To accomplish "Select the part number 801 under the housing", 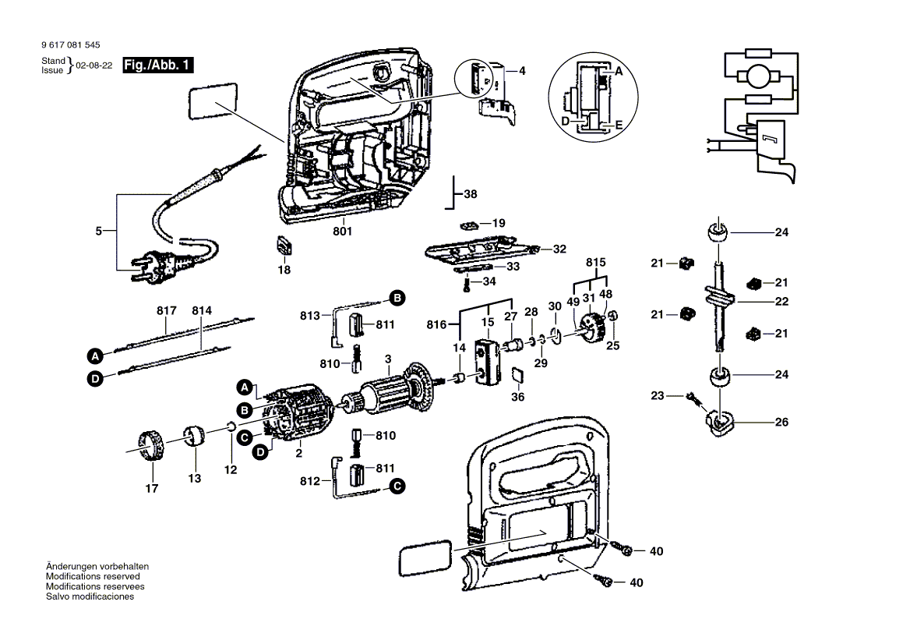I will point(343,232).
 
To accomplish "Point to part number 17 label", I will point(151,489).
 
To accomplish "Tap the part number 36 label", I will point(518,397).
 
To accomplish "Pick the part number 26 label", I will point(781,422).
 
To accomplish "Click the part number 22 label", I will point(781,302).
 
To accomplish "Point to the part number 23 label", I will point(658,396).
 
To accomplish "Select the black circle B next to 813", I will point(397,298).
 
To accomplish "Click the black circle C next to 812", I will point(397,487).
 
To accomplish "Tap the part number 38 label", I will point(470,194).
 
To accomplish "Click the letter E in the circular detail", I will point(619,125).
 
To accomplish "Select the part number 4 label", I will point(522,71).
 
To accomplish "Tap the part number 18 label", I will point(284,270).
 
